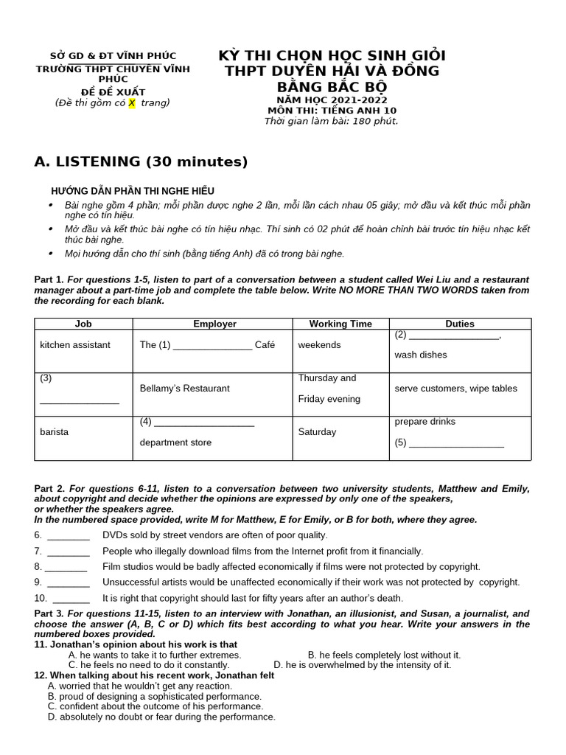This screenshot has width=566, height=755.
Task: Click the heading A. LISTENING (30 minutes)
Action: pos(141,162)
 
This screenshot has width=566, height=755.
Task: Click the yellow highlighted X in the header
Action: pos(132,102)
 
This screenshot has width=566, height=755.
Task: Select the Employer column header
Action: pos(214,324)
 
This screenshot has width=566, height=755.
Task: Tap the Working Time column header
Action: pos(340,324)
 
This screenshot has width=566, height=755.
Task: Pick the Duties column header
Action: pos(460,324)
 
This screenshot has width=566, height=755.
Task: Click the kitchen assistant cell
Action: pos(75,345)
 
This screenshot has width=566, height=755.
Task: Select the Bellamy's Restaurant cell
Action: pos(184,389)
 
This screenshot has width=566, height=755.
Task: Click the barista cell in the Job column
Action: pos(54,432)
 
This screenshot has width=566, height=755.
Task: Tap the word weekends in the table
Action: pos(319,345)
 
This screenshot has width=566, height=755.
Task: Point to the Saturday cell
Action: pos(317,432)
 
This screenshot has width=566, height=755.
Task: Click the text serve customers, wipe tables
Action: pos(455,389)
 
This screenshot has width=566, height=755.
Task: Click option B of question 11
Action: pos(383,655)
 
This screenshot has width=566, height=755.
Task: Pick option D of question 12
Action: pos(161,717)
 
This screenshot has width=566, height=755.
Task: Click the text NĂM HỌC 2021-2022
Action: pos(332,100)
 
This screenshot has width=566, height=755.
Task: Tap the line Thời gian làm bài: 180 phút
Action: pos(332,121)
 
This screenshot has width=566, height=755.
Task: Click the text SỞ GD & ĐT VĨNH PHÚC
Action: pos(113,56)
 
